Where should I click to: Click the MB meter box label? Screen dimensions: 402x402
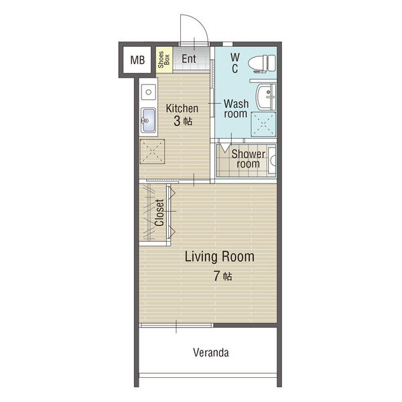[137, 60]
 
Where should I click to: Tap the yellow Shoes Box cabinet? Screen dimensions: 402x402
[164, 60]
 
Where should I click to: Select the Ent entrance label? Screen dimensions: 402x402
[189, 59]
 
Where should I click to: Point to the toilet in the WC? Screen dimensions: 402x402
[262, 64]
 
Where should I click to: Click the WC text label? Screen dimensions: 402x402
[235, 63]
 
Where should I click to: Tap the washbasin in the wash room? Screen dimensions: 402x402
[265, 96]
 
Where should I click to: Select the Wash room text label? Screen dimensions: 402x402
[236, 109]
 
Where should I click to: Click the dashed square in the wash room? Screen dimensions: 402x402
[263, 124]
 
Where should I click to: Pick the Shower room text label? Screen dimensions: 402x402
[248, 159]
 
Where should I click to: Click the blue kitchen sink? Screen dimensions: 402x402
[148, 120]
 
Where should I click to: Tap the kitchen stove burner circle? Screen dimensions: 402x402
[148, 92]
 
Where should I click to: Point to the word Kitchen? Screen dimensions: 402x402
[182, 109]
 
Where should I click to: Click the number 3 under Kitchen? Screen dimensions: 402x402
[177, 121]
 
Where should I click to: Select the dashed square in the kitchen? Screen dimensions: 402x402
[152, 151]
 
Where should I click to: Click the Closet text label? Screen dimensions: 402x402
[159, 213]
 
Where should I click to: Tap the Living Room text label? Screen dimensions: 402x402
[220, 257]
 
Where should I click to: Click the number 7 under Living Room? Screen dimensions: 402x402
[217, 276]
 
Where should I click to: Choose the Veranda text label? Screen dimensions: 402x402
[211, 352]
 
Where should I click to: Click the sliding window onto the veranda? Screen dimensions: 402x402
[176, 326]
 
